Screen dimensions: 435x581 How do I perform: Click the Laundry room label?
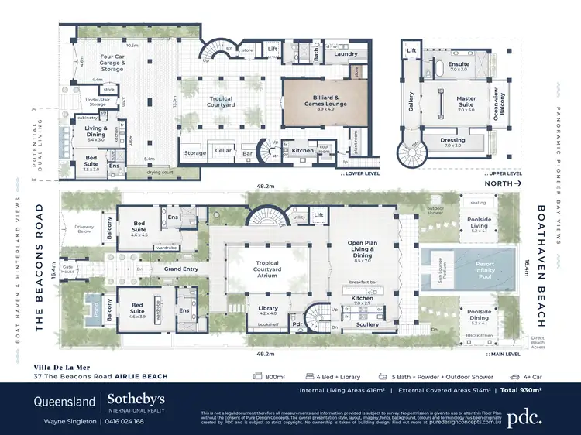coord(345,53)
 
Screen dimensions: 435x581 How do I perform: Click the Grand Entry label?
coord(180,269)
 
